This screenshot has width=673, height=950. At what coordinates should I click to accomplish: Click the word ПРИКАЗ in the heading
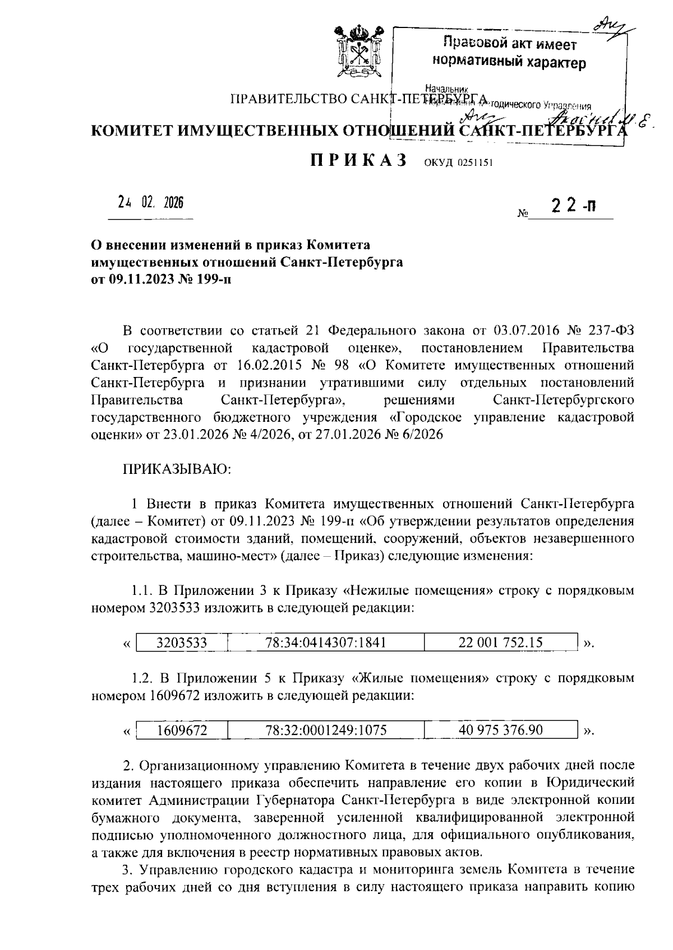359,161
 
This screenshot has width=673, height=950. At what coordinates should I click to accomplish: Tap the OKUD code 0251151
459,163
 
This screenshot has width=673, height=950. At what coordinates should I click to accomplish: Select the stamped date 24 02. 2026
150,203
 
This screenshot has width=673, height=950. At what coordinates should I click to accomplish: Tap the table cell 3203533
181,642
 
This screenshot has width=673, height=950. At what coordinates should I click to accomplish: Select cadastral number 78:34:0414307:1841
326,642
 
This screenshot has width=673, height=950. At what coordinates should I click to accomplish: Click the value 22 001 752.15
500,642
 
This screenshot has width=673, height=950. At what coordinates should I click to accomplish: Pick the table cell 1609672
181,730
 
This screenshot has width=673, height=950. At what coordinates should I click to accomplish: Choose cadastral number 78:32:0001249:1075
326,730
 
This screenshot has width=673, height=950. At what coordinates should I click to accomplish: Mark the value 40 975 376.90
500,730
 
